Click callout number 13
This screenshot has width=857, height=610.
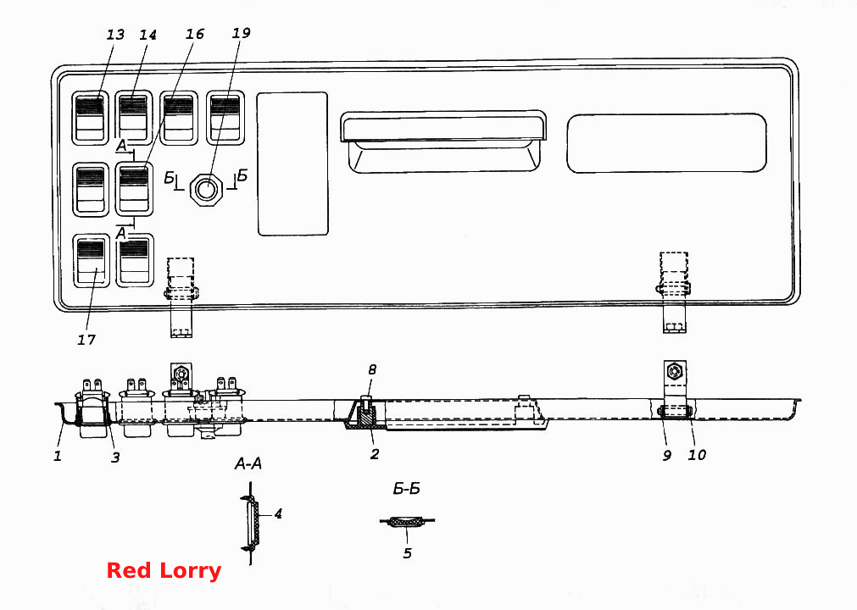[x=115, y=35]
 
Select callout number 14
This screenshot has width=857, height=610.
[x=147, y=35]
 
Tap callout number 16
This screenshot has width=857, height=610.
[x=195, y=34]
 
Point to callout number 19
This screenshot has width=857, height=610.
[x=241, y=33]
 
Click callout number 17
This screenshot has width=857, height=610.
[x=86, y=340]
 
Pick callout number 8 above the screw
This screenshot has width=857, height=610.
[x=372, y=369]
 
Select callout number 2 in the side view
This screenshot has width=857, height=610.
[x=375, y=454]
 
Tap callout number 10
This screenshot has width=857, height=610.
[x=697, y=455]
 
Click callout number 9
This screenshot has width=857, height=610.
[x=667, y=456]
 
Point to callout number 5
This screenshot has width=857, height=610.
[x=407, y=553]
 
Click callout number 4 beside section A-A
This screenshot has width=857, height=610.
[x=278, y=513]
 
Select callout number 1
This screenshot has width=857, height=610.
[x=58, y=456]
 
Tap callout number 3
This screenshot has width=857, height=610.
[x=114, y=457]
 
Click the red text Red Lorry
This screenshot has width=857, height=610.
[x=164, y=571]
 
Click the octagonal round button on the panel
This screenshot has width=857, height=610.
[x=206, y=190]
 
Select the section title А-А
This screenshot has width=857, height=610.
[x=248, y=464]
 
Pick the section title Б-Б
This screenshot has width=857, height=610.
[x=407, y=489]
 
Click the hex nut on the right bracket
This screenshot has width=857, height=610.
[x=675, y=372]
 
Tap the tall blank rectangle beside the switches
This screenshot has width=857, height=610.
[x=292, y=164]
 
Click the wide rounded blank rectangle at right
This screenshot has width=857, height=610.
[x=667, y=144]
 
